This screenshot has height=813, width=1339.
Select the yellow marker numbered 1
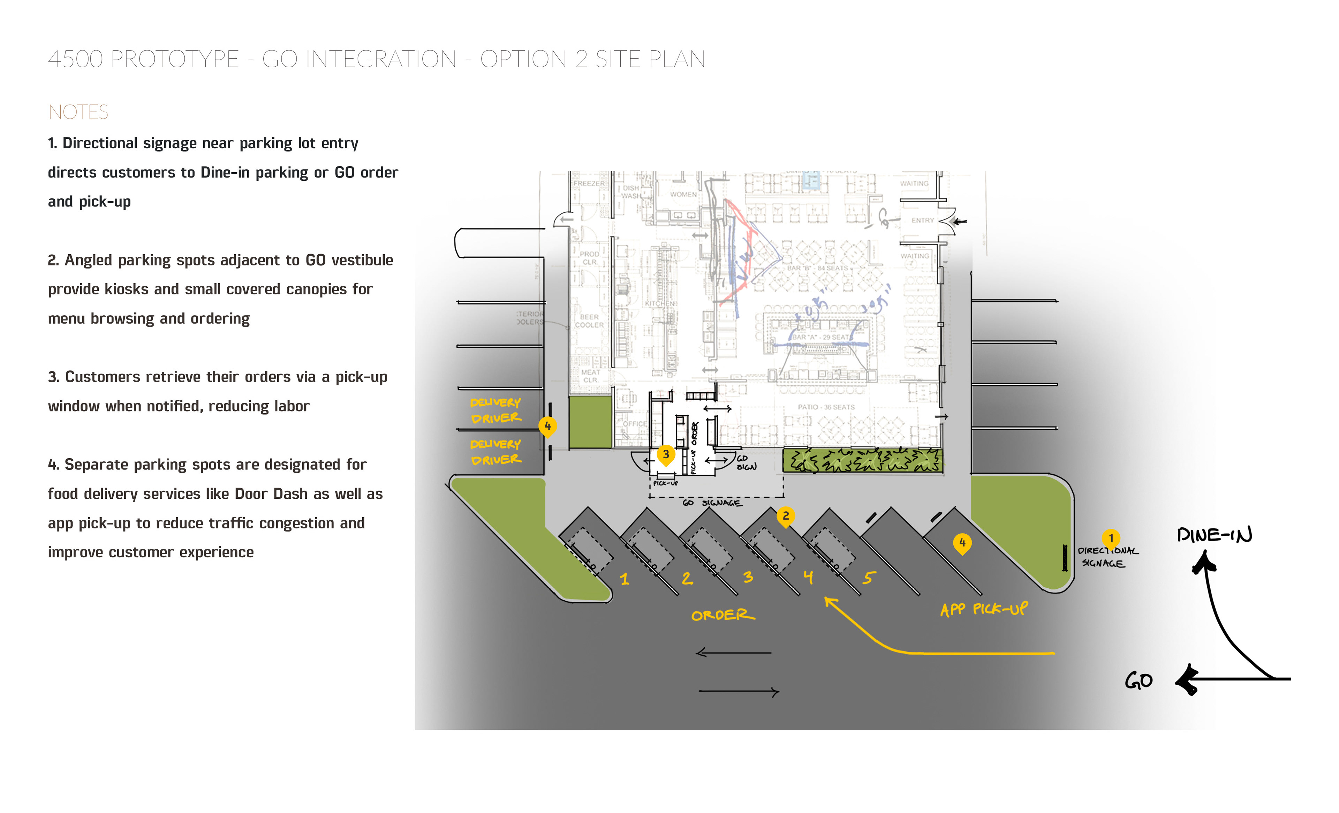pyautogui.click(x=1111, y=538)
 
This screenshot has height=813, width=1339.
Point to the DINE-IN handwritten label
pyautogui.click(x=1214, y=535)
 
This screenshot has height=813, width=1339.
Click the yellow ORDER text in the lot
pyautogui.click(x=723, y=615)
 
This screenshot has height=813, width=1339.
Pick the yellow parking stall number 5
pyautogui.click(x=868, y=578)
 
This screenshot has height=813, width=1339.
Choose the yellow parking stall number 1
pyautogui.click(x=625, y=579)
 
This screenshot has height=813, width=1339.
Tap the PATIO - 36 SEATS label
pyautogui.click(x=826, y=407)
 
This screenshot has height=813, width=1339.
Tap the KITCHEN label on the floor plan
pyautogui.click(x=660, y=303)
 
